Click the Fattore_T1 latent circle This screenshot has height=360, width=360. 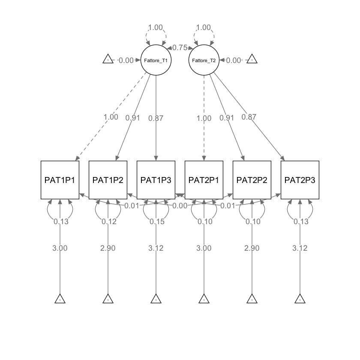[x=156, y=60]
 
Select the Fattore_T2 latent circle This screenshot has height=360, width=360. [x=204, y=60]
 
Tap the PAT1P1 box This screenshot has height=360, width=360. [x=60, y=180]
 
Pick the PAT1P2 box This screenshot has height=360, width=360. [x=108, y=180]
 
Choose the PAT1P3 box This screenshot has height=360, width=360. [x=156, y=180]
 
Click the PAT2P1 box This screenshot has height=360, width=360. [x=204, y=180]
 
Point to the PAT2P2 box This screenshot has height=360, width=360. [x=252, y=180]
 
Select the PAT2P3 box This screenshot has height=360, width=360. [x=300, y=180]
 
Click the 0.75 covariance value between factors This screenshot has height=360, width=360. [x=180, y=48]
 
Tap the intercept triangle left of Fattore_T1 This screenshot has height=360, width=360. [x=108, y=60]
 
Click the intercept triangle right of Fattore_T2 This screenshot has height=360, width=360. [x=252, y=60]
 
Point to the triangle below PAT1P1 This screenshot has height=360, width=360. [x=60, y=299]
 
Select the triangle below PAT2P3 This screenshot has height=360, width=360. [x=300, y=299]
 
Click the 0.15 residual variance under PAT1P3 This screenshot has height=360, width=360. [x=156, y=222]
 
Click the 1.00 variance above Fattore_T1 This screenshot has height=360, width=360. [x=156, y=27]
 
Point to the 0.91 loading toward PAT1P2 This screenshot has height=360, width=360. [x=133, y=118]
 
